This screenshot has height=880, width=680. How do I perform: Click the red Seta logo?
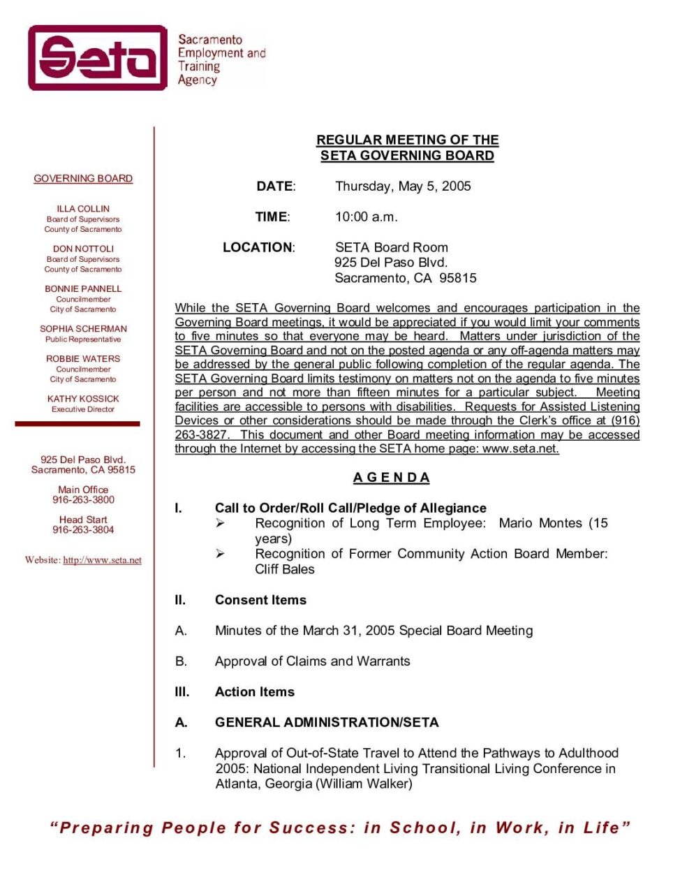[x=98, y=58]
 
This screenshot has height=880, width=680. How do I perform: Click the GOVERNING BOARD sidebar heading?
[x=83, y=179]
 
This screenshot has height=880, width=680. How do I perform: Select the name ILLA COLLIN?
[x=83, y=209]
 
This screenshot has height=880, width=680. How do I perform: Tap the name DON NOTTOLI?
[x=83, y=249]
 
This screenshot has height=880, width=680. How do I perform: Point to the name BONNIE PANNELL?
[x=83, y=288]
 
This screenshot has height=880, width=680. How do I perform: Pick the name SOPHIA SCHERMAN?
[x=83, y=329]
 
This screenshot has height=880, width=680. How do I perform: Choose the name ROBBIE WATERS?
[x=83, y=359]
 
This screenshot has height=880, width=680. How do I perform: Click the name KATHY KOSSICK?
[x=83, y=399]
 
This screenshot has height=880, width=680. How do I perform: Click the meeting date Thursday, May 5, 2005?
[x=403, y=186]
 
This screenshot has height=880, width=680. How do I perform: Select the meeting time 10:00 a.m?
[x=366, y=217]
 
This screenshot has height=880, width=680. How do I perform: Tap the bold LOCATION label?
[x=258, y=247]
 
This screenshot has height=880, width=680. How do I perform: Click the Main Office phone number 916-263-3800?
[x=83, y=500]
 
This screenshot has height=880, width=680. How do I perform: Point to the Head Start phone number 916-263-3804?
[x=83, y=530]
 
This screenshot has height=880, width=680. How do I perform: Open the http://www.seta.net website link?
[x=102, y=560]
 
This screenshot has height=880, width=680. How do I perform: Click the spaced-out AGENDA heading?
[x=391, y=478]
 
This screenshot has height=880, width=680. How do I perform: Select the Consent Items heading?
[x=260, y=600]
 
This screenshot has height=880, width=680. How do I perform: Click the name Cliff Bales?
[x=285, y=569]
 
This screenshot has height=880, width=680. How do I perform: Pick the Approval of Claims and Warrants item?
[x=312, y=661]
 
